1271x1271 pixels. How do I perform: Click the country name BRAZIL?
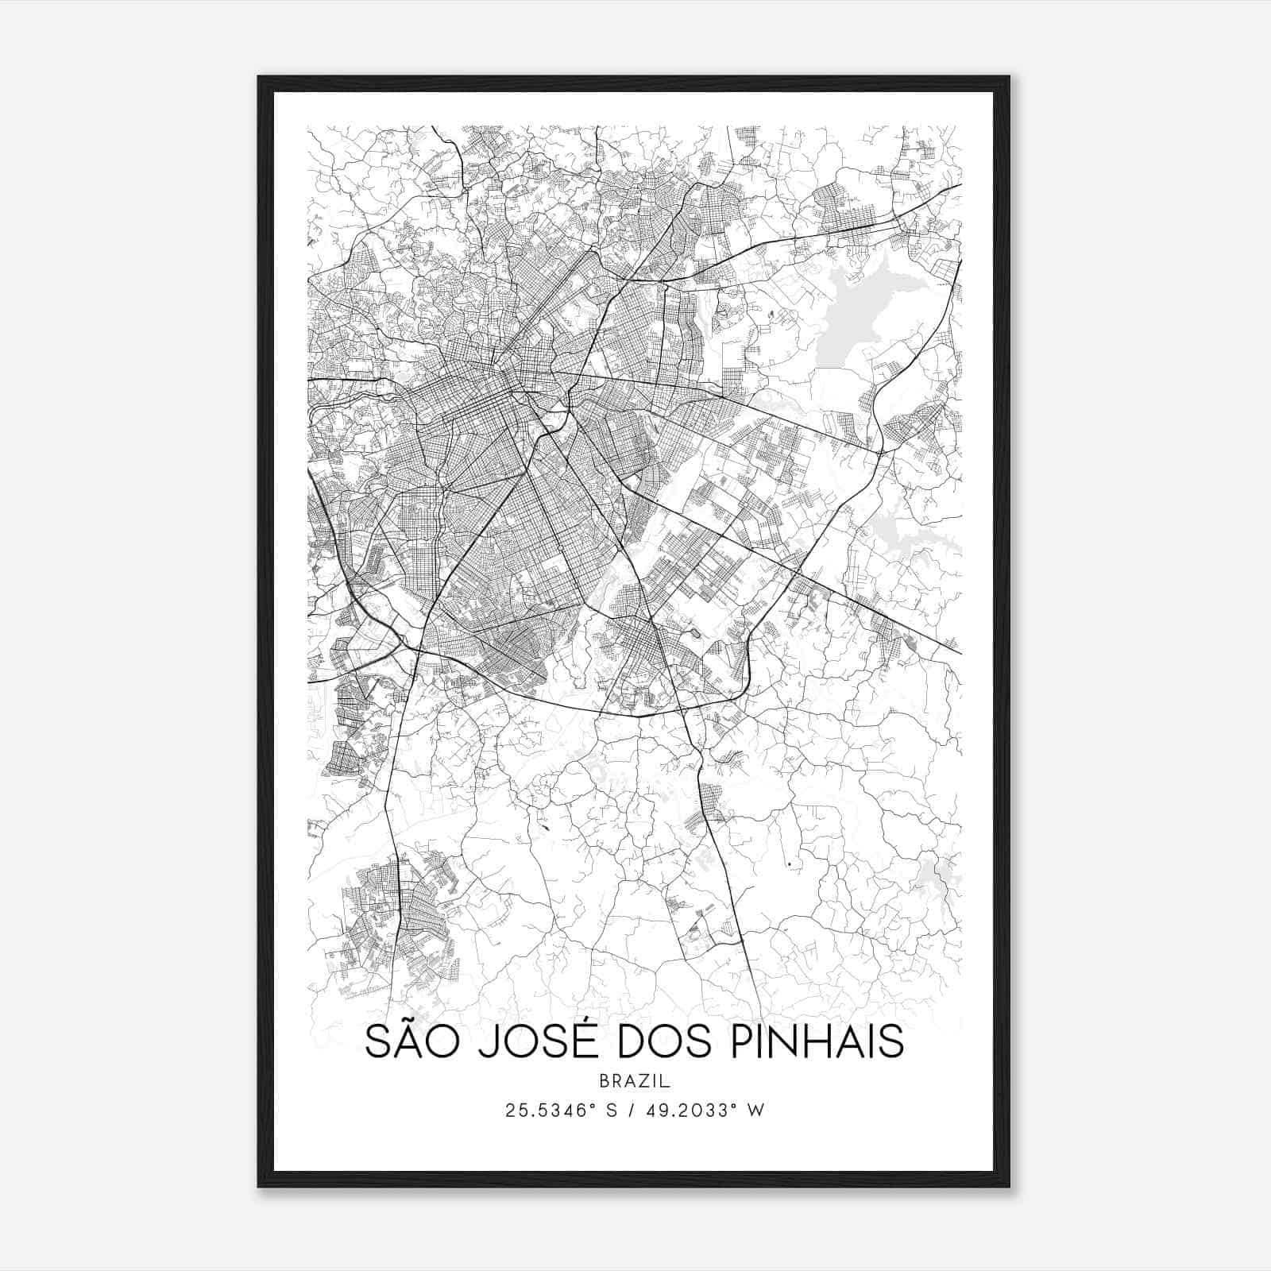[x=635, y=1081]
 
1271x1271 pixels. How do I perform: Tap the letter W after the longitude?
[x=757, y=1111]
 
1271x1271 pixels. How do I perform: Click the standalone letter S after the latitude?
[x=612, y=1111]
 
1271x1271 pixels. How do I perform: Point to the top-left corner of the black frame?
[x=259, y=77]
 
